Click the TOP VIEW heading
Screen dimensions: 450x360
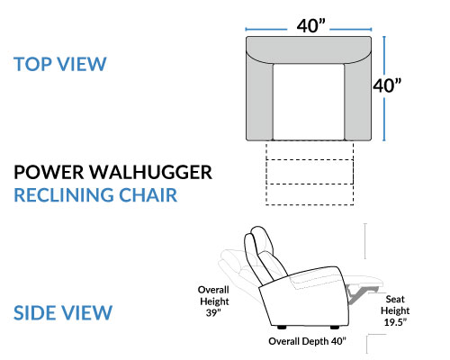tap(60, 64)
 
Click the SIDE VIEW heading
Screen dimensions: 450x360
tap(63, 312)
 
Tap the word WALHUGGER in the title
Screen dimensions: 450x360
tap(151, 172)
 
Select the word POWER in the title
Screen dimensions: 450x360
tap(49, 172)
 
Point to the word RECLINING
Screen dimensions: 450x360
tap(64, 195)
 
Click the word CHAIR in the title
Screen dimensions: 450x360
tap(148, 195)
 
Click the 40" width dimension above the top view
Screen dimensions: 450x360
tap(311, 26)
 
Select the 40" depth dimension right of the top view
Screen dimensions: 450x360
tap(387, 85)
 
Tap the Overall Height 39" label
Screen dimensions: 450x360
tap(213, 301)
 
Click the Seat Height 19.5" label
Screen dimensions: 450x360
tap(395, 310)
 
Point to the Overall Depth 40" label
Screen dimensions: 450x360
tap(307, 341)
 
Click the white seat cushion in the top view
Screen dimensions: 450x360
tap(309, 102)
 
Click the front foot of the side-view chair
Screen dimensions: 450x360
tap(335, 328)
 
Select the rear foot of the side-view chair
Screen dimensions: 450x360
tap(282, 328)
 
